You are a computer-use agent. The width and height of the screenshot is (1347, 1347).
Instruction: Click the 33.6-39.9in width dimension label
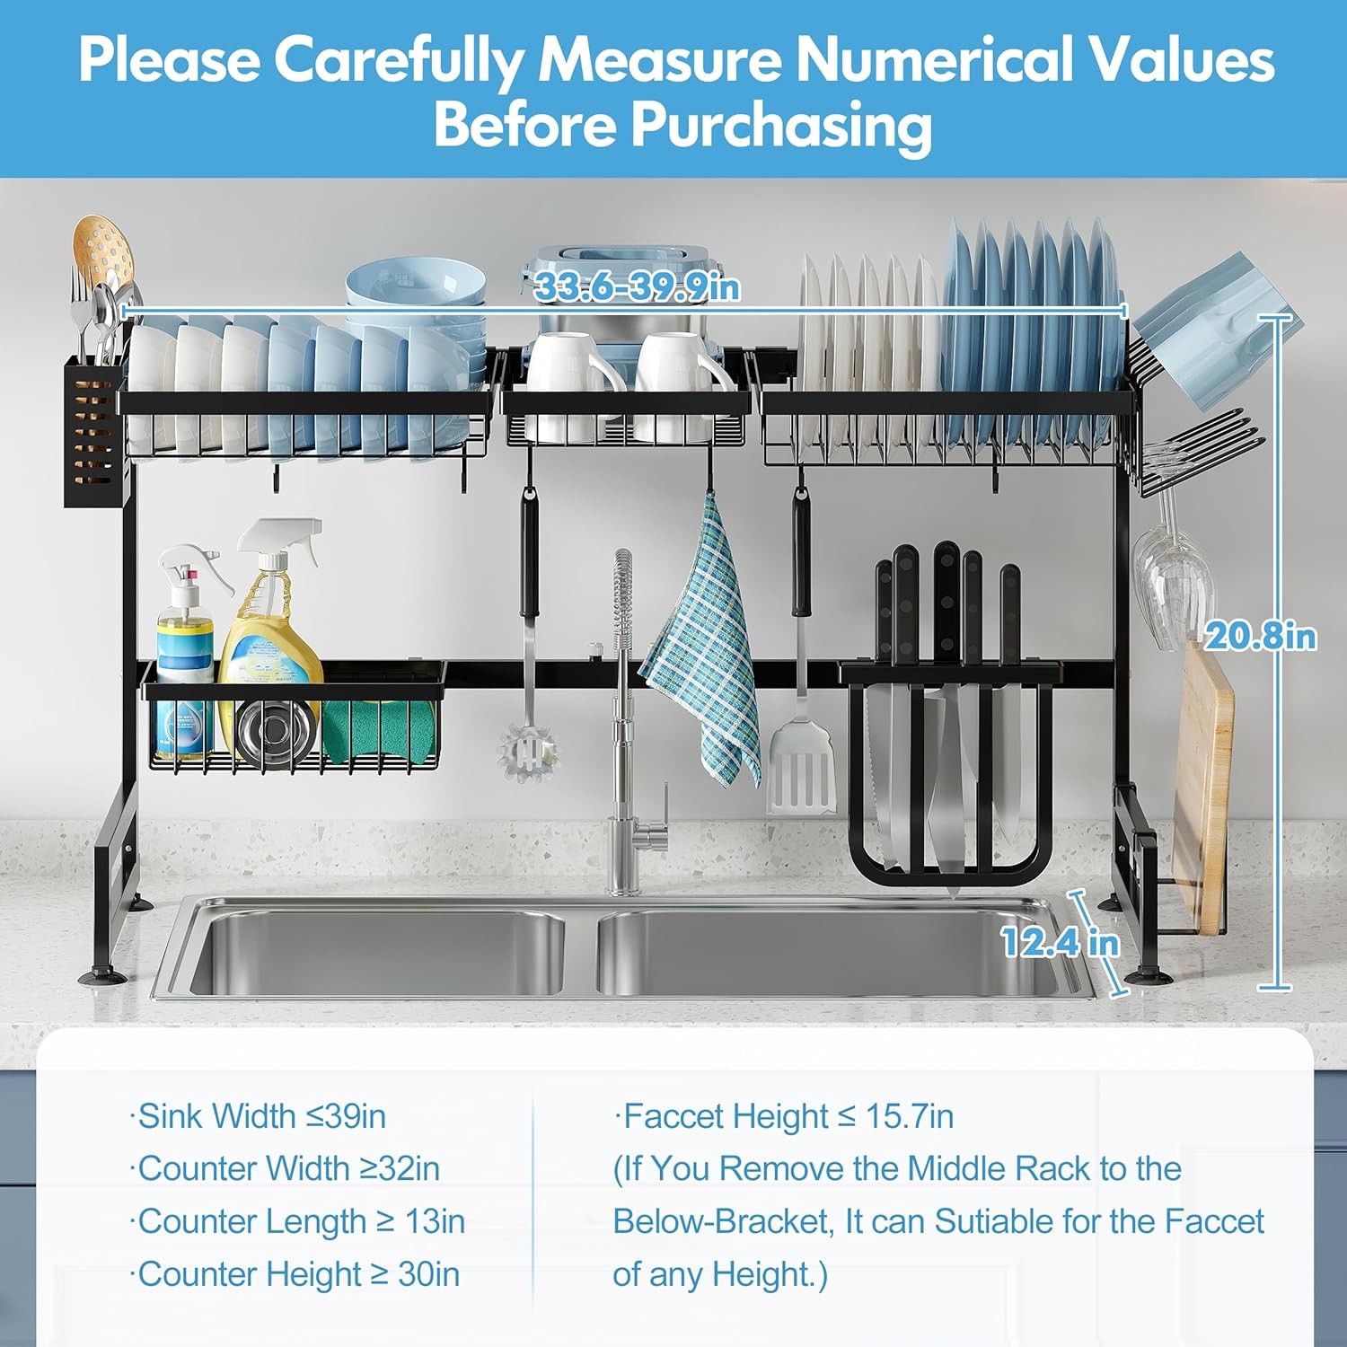pos(637,287)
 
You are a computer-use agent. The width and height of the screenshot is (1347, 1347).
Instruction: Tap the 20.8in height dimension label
pos(1261,636)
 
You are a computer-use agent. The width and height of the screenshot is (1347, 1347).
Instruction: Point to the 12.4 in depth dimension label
pos(1061,942)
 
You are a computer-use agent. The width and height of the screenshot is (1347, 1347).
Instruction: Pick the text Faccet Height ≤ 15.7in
pos(783,1116)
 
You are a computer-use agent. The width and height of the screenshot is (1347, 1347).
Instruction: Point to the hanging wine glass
pos(1170,575)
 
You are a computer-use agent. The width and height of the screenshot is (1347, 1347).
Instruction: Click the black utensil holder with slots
pos(92,432)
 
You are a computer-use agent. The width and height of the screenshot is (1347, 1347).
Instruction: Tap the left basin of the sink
pos(377,952)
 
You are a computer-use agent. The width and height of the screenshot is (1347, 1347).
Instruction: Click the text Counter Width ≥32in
pos(285,1168)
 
